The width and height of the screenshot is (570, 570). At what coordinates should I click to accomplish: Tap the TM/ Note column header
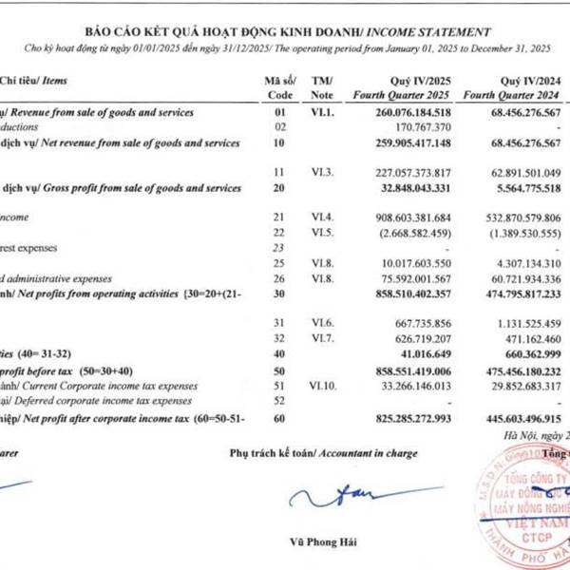[322, 87]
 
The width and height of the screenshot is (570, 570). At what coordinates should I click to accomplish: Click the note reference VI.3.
[321, 173]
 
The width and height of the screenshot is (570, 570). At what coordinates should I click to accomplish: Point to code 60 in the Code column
[279, 417]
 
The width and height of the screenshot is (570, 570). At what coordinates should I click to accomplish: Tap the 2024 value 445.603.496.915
[517, 417]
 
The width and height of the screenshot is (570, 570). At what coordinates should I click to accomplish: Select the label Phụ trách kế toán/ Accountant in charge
[323, 453]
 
